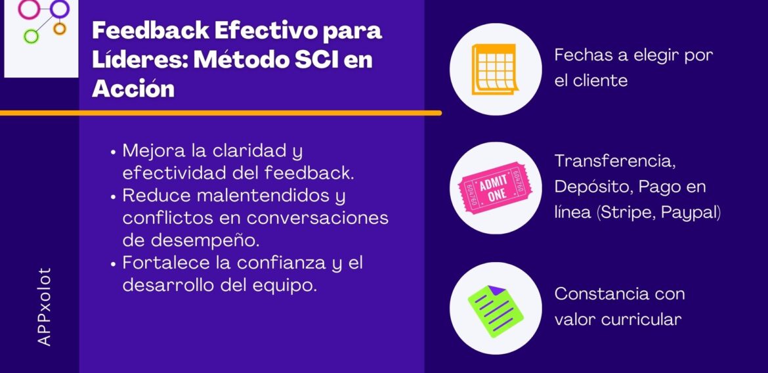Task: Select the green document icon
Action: pyautogui.click(x=496, y=308)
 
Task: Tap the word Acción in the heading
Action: pyautogui.click(x=133, y=89)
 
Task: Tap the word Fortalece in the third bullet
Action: pyautogui.click(x=158, y=263)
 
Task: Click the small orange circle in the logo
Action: pyautogui.click(x=60, y=28)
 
